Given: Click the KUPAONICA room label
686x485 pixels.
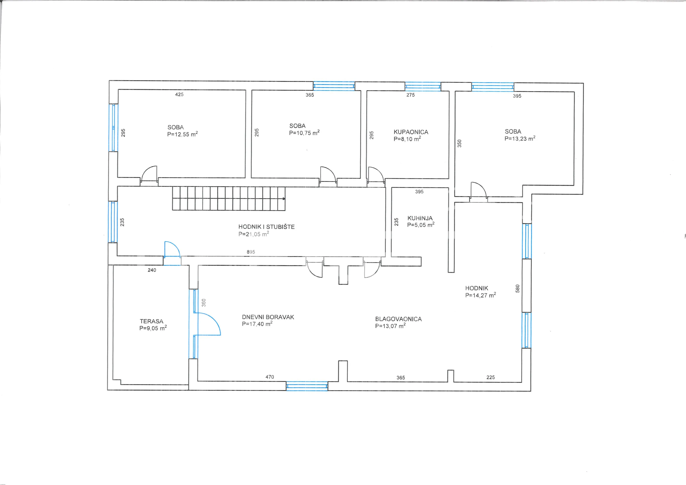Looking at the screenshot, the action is (x=411, y=132).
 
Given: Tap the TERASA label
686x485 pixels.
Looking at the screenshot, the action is (x=151, y=321).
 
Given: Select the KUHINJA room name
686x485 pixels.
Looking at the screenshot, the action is (x=420, y=218).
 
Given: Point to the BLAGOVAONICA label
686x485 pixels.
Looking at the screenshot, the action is (x=398, y=319).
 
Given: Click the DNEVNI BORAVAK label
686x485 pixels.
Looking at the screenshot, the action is (x=268, y=317).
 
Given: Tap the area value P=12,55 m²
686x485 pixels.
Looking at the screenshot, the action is (x=182, y=134).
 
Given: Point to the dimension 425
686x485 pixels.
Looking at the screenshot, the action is (x=179, y=94).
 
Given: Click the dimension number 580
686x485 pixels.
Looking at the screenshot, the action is (x=518, y=288).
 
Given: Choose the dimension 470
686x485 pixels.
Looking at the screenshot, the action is (x=270, y=377).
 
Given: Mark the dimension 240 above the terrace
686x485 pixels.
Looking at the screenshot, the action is (x=152, y=270).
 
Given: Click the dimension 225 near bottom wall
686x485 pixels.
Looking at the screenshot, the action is (x=491, y=377).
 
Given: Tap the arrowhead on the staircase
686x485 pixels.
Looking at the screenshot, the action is (x=284, y=199).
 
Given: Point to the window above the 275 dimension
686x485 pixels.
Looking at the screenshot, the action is (x=423, y=86).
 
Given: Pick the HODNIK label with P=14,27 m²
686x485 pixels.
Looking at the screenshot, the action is (x=477, y=288).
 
